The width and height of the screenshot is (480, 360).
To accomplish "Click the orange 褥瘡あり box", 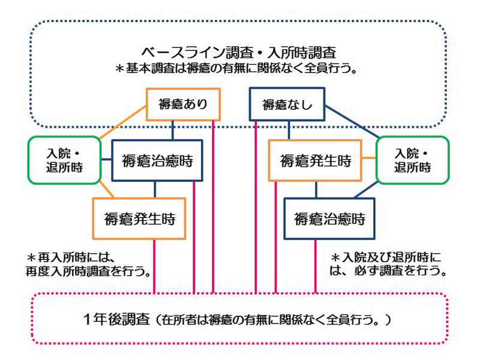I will [x=184, y=104].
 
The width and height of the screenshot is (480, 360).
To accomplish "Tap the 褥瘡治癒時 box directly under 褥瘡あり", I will [x=157, y=160].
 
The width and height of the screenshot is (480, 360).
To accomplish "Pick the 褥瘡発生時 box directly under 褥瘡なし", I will [x=315, y=160].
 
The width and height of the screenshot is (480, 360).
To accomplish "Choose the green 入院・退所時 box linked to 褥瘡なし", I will [x=412, y=160].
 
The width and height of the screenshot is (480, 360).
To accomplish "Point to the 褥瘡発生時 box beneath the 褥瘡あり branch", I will [x=139, y=219].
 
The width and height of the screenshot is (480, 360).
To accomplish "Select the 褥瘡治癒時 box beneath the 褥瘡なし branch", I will [x=329, y=219].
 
